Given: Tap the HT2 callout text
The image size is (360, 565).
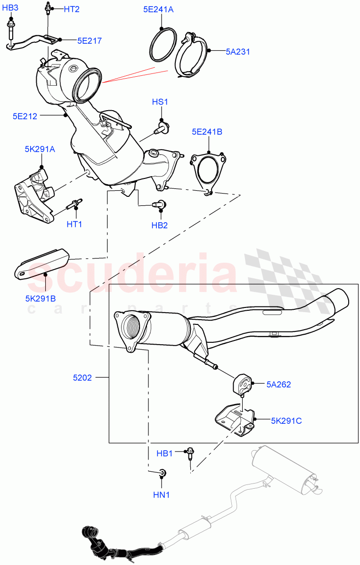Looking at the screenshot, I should coord(72,9).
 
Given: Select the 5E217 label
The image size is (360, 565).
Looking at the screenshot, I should coord(90,41).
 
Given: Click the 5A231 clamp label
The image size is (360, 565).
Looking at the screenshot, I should coord(238,52).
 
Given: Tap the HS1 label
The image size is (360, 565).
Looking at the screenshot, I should coord(160,102).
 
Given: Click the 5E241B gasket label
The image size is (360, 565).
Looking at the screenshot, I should coord(207,132).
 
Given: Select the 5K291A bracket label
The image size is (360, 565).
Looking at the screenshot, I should coord(40,149).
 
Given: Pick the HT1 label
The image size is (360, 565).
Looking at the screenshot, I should coord(74,224).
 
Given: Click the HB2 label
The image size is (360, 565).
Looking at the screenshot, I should coord(160,226).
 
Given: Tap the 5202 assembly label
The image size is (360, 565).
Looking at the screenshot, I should coord(82,377).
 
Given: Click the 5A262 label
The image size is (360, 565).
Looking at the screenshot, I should coord(278,385).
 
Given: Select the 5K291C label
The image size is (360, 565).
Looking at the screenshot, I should coord(286,421).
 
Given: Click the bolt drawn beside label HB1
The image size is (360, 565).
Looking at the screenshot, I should coord(191,453).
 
